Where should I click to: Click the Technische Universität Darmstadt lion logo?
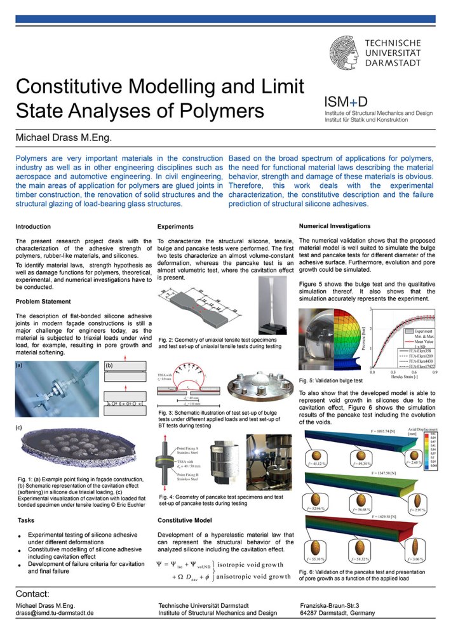click(x=346, y=52)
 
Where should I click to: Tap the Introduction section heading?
click(x=34, y=226)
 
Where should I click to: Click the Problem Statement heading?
click(x=43, y=301)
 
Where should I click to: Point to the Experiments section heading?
click(x=177, y=226)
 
